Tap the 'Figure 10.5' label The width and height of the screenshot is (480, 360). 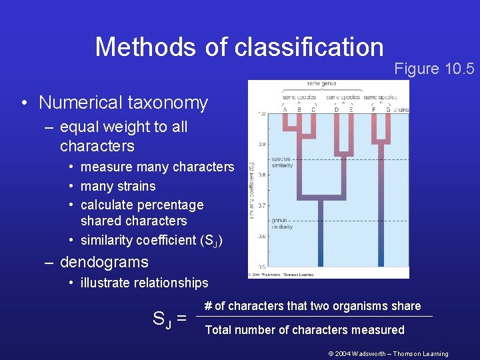click(x=434, y=69)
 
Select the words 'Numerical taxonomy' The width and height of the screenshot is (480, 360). click(x=123, y=103)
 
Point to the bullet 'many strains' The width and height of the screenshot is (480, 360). click(x=118, y=186)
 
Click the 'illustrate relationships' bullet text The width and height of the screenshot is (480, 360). click(x=144, y=283)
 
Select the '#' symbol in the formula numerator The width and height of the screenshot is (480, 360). click(x=207, y=306)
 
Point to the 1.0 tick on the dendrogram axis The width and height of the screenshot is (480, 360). click(x=262, y=114)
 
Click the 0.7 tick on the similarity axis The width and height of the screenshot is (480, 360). click(x=262, y=205)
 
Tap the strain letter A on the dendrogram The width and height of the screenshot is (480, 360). click(x=285, y=109)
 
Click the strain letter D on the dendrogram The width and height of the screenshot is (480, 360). click(x=336, y=109)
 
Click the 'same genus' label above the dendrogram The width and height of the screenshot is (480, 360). click(x=321, y=84)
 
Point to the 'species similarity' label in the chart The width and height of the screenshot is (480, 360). click(x=282, y=162)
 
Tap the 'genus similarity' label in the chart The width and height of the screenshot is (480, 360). click(x=282, y=223)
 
